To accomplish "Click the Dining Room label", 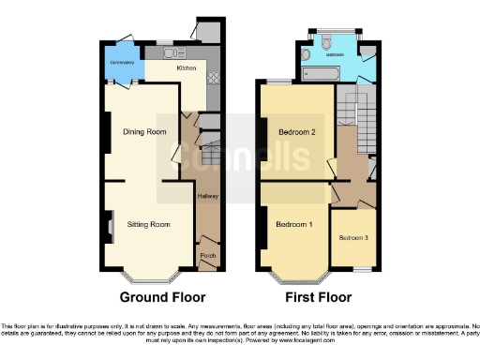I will coord(144,132).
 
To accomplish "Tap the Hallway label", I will coord(207,197).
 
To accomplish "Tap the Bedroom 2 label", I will coord(295,132).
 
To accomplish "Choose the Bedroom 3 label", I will coord(353,238).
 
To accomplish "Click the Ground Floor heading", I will coord(162,298).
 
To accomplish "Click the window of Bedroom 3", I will coord(353,270).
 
